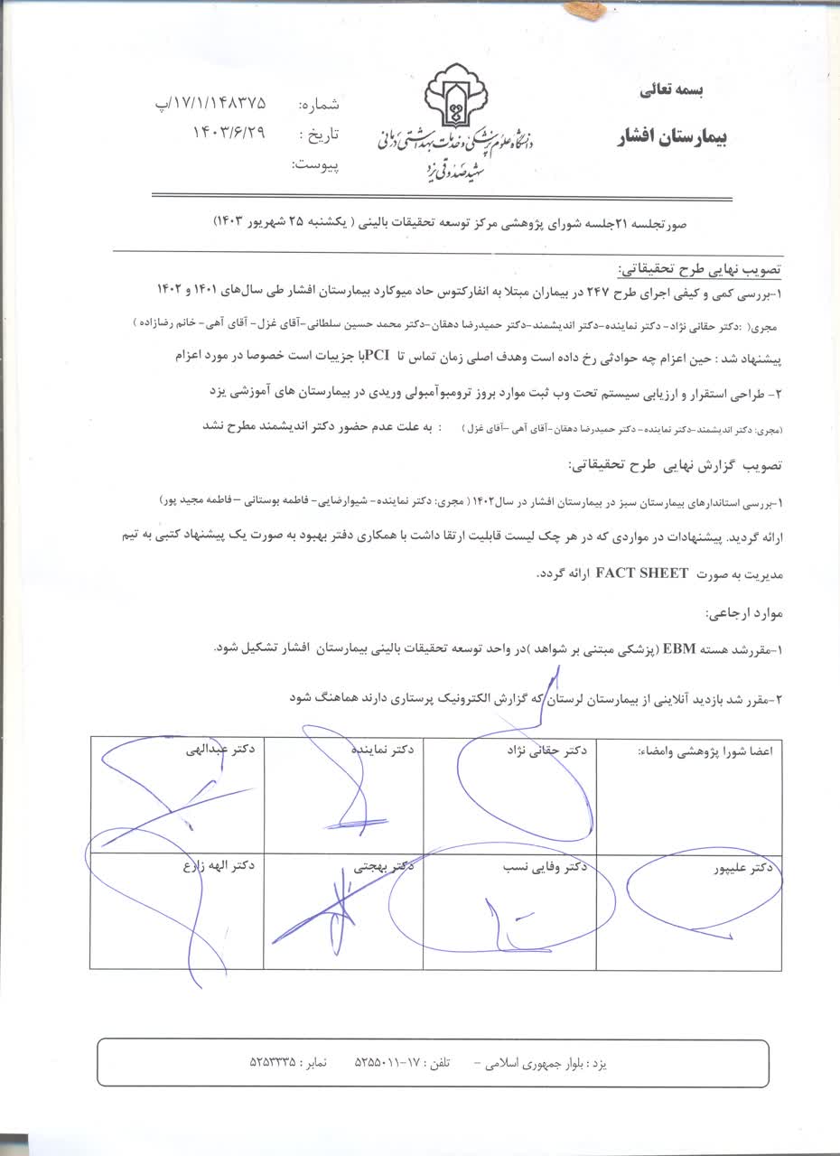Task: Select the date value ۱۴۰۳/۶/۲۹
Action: (x=229, y=133)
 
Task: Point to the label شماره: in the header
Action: (x=318, y=105)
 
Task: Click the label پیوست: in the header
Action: (x=315, y=165)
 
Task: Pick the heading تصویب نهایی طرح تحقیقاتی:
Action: (x=699, y=269)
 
